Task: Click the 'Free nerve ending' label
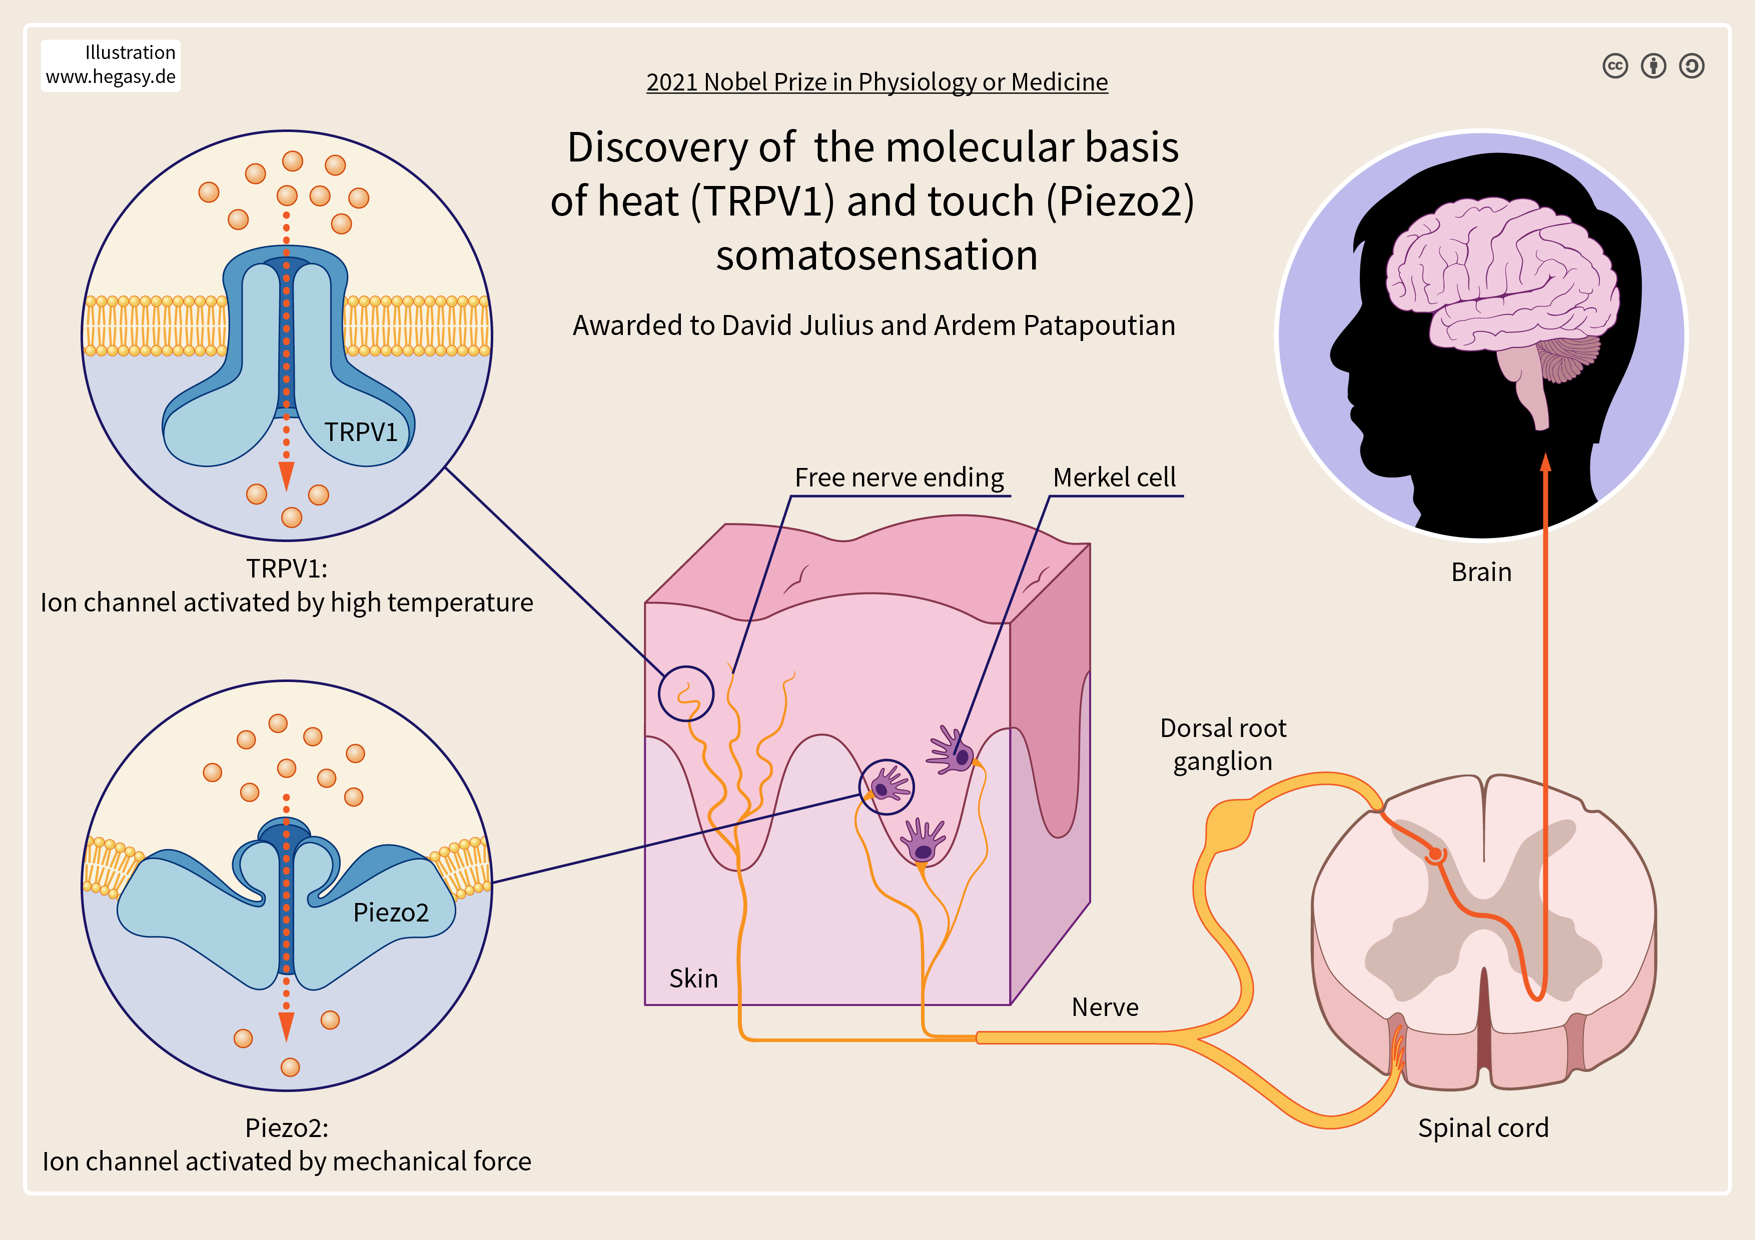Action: point(899,477)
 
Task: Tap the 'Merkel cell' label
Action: point(1114,477)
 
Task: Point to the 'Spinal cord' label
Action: point(1483,1127)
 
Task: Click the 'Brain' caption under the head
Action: point(1480,572)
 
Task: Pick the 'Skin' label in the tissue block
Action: point(693,978)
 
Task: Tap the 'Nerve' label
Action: point(1105,1007)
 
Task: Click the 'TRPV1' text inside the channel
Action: point(361,432)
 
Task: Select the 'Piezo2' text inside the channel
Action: point(391,912)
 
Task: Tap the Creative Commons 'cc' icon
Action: point(1615,66)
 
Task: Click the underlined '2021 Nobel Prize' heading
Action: point(876,81)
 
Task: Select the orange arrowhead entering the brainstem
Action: point(1545,461)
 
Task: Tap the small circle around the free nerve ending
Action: point(686,693)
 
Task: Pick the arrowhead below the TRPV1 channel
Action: point(287,475)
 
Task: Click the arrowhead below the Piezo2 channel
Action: point(287,1026)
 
